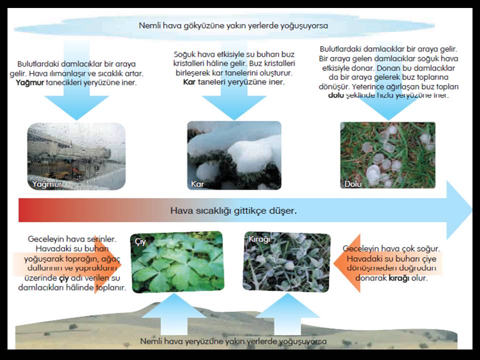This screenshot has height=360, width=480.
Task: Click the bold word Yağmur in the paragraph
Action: pos(30,82)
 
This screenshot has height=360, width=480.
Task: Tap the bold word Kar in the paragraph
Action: pos(189,82)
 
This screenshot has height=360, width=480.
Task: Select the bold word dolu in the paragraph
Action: pos(336,95)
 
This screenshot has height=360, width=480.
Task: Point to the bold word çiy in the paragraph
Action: pos(63,278)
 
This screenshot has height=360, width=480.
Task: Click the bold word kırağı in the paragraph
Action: pos(399,278)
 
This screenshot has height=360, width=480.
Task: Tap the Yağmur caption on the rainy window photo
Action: pos(47,184)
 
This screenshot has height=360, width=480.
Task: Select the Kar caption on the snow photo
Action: pos(197,184)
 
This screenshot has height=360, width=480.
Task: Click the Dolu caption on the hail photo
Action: pos(353,184)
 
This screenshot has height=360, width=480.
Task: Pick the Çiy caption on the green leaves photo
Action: pos(140,242)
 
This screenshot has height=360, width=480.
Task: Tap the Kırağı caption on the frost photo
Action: pos(259,239)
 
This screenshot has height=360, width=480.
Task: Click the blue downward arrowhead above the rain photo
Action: pos(76,107)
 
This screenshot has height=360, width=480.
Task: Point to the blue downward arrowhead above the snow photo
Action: pos(234,107)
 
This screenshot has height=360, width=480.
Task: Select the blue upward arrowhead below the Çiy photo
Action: pos(174,305)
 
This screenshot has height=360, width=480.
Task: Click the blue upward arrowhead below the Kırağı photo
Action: pos(287,305)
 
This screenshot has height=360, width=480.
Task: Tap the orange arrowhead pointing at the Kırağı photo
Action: pos(347,263)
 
